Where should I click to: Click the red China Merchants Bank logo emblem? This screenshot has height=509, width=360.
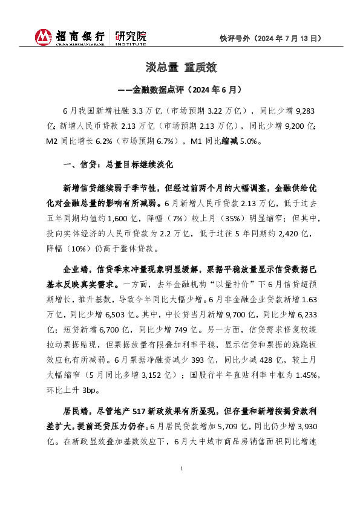tap(44, 37)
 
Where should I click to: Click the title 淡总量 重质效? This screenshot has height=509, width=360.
tap(180, 67)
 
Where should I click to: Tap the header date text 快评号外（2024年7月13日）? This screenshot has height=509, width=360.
tap(270, 38)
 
